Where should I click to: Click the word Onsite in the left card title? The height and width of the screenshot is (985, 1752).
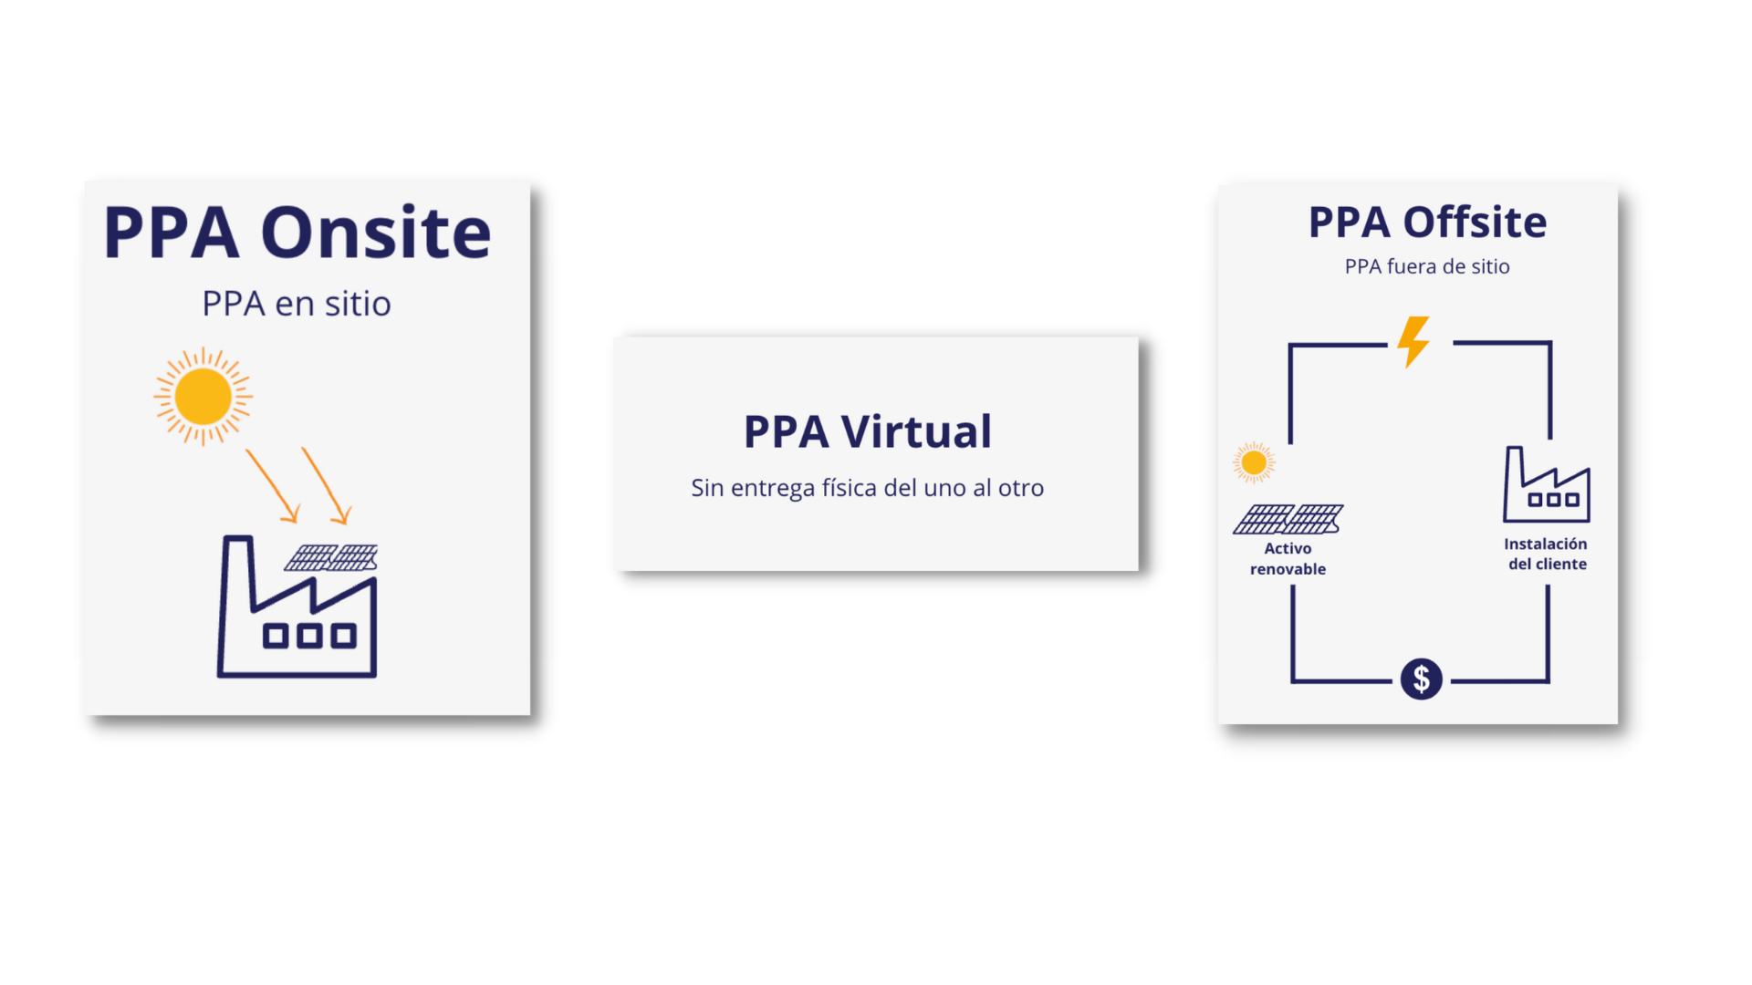pos(376,233)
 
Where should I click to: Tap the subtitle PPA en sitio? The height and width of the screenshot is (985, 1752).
pos(297,304)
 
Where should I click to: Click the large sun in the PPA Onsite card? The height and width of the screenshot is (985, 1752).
pos(203,396)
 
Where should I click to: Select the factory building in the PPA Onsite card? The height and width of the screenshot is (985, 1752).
pos(297,607)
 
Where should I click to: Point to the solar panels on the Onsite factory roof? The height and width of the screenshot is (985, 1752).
pos(331,557)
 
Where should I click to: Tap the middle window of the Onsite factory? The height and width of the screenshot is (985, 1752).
pos(309,636)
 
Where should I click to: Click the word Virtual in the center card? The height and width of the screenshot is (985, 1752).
pos(916,431)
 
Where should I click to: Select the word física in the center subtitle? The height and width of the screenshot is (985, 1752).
pos(850,488)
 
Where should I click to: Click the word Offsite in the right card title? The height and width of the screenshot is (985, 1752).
pos(1475,223)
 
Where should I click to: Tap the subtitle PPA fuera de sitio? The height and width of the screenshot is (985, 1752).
pos(1427,266)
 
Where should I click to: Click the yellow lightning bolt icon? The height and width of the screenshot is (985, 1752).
pos(1413,342)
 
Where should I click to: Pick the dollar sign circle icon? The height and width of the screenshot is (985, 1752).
pos(1422,679)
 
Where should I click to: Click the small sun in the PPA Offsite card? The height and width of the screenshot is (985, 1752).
pos(1254,463)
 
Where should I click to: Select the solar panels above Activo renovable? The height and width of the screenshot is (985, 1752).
pos(1288,519)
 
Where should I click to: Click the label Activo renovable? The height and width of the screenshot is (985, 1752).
pos(1288,558)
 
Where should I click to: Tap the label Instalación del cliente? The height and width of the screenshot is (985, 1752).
pos(1547,554)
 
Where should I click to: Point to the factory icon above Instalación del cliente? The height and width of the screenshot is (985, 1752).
pos(1547,484)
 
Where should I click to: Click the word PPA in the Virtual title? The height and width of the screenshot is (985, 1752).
pos(787,431)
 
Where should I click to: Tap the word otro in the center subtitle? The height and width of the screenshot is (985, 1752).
pos(1021,488)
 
